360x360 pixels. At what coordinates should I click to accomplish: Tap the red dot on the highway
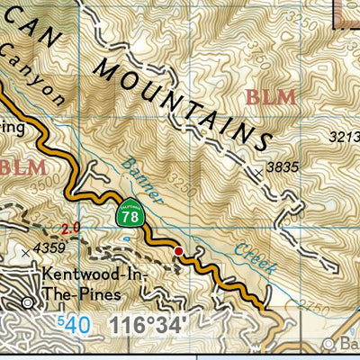(178, 250)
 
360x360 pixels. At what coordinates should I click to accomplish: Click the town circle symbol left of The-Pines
(28, 301)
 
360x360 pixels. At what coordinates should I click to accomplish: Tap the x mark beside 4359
(25, 254)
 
